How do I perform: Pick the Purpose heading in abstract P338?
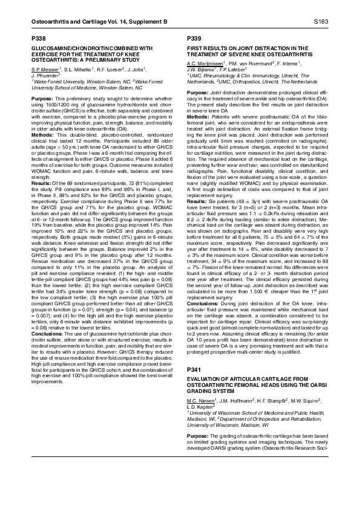(x=42, y=98)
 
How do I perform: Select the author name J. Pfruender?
(x=44, y=76)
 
